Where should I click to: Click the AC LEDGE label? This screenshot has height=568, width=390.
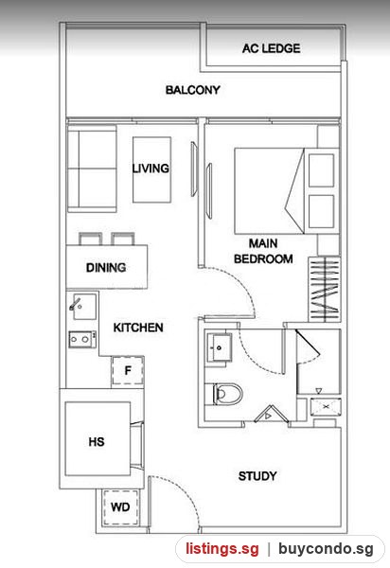click(x=272, y=48)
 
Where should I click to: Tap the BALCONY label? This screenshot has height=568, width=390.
click(x=193, y=90)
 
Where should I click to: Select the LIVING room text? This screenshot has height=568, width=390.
click(x=151, y=169)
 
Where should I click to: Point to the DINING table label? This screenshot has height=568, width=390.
click(x=106, y=268)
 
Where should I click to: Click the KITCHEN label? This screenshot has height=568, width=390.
click(x=138, y=328)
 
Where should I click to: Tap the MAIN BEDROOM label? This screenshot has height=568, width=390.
click(x=263, y=251)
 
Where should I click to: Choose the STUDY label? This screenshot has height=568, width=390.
click(x=257, y=476)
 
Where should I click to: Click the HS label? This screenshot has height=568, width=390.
click(x=97, y=441)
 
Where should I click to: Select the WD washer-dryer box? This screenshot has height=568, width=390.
click(x=120, y=507)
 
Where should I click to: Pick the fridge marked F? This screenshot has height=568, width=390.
click(x=128, y=370)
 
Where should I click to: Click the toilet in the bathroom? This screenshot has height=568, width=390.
click(x=224, y=394)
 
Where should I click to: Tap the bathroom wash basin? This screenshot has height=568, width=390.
click(x=219, y=347)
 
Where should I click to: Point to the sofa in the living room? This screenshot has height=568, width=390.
click(x=92, y=169)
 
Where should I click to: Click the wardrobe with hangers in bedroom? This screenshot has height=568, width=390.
click(x=325, y=289)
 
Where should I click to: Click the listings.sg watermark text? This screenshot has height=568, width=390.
click(x=222, y=548)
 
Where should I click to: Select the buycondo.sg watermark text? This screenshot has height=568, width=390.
click(x=326, y=548)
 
